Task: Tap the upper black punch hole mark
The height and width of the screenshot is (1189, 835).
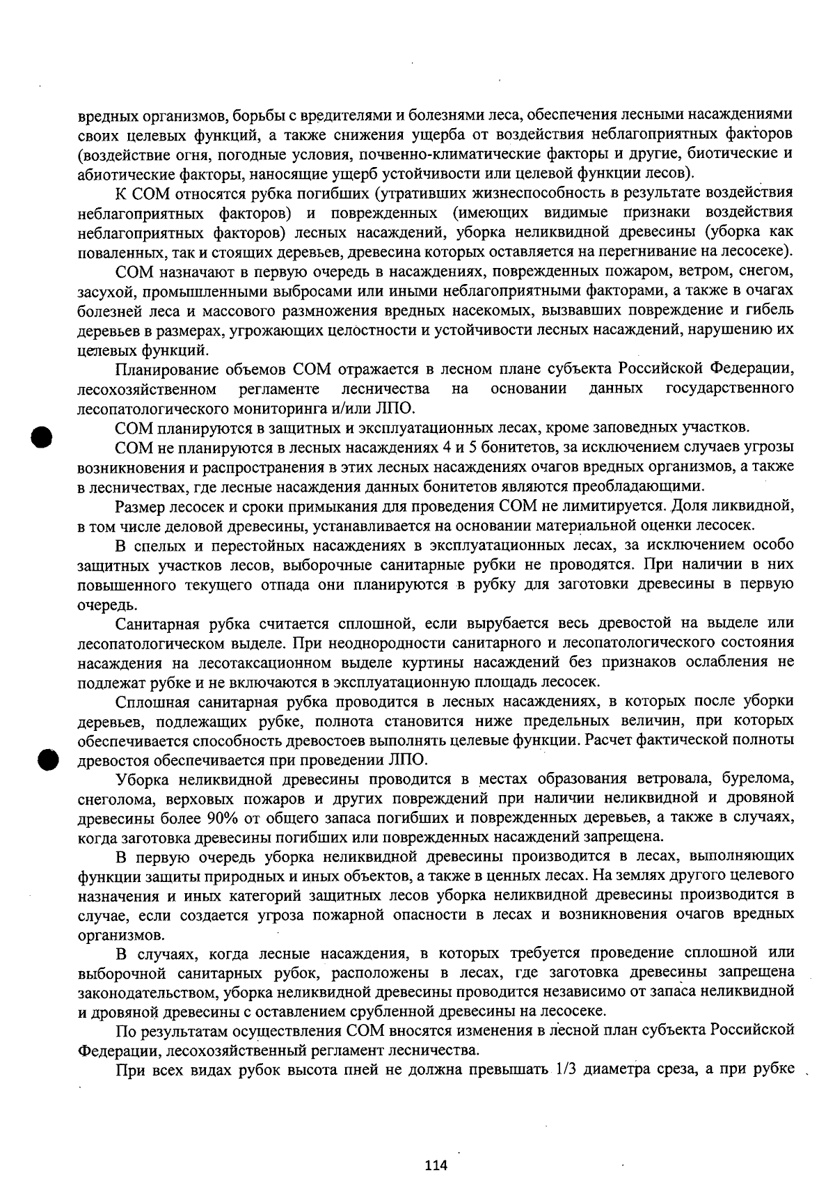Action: (43, 437)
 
